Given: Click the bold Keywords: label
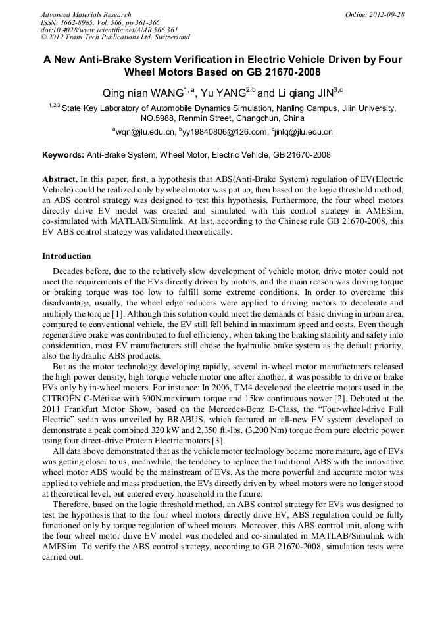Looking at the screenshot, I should tap(63, 155).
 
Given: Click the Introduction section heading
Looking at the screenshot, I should tap(66, 256).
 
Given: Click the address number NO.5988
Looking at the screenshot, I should tap(158, 118).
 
